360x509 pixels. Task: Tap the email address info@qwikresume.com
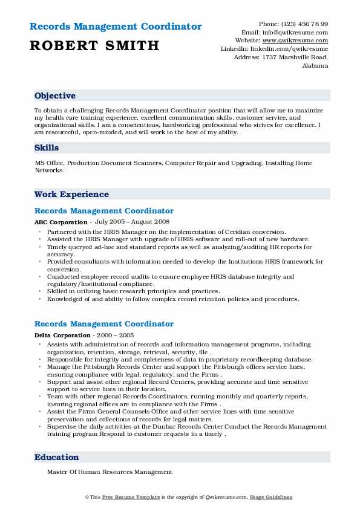(x=296, y=32)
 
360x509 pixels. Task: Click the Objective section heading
(x=55, y=96)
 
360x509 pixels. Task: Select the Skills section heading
(x=47, y=148)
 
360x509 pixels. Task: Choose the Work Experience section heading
(x=71, y=194)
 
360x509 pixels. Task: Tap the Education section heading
(x=56, y=457)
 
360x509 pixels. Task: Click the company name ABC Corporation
(x=61, y=222)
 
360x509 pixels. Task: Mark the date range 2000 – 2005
(x=114, y=336)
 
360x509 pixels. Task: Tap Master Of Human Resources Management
(x=110, y=472)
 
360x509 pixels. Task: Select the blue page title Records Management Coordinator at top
(x=115, y=27)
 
